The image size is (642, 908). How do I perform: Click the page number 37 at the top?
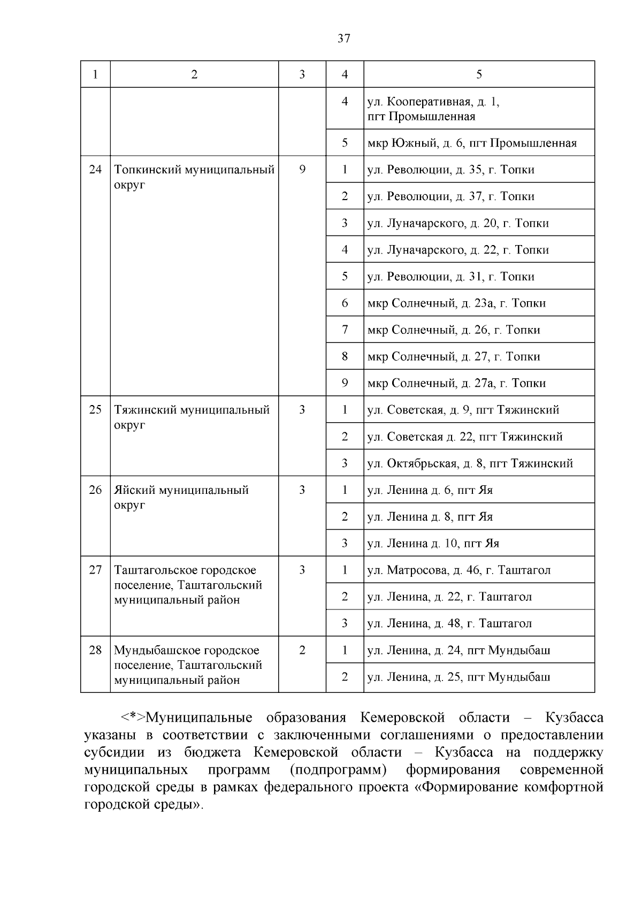click(x=344, y=38)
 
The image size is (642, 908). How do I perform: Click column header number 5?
click(x=479, y=74)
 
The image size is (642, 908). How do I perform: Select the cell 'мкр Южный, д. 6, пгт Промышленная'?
click(x=472, y=143)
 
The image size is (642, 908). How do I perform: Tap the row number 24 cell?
click(x=95, y=170)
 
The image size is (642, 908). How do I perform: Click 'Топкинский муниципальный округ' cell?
click(x=194, y=177)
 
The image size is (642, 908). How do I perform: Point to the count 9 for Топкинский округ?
click(x=302, y=170)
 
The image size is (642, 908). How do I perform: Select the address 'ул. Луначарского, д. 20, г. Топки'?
click(x=458, y=223)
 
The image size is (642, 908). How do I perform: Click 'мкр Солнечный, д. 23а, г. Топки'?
click(x=456, y=303)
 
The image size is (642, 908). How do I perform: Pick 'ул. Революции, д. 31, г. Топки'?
click(x=450, y=277)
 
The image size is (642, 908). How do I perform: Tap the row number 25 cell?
click(x=95, y=410)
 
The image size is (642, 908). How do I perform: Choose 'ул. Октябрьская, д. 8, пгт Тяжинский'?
click(x=470, y=463)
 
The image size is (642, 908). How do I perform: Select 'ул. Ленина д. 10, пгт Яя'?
click(x=433, y=544)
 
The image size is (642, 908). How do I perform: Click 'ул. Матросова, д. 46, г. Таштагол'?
click(x=458, y=570)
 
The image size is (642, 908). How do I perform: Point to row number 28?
click(x=95, y=650)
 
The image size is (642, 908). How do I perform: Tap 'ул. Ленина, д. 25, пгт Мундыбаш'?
click(x=458, y=677)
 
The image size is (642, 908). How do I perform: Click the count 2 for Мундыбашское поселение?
click(x=302, y=650)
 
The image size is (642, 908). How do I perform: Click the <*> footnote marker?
click(x=132, y=718)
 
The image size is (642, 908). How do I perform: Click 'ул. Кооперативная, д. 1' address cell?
click(x=433, y=102)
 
